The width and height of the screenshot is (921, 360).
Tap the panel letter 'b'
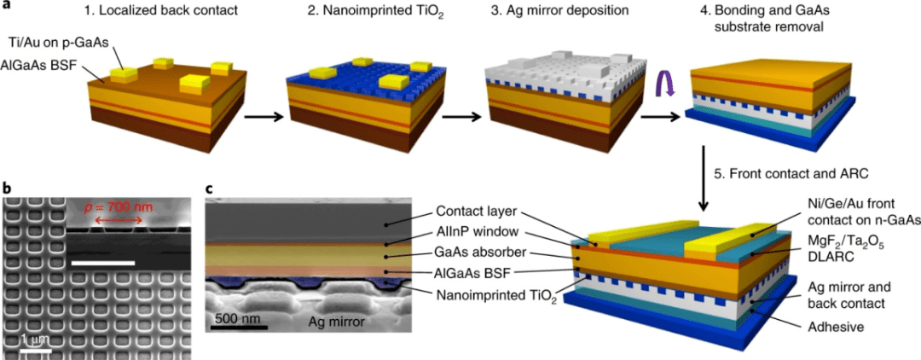(7, 188)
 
